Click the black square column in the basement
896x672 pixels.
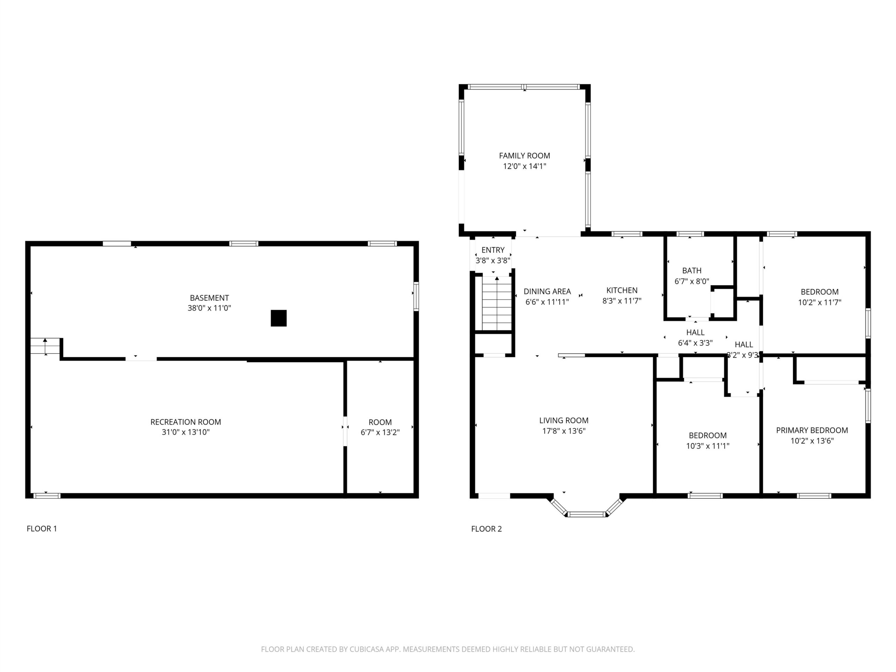279,318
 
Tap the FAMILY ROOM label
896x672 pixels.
525,155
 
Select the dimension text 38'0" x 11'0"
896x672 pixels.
209,308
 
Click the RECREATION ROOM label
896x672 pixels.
185,422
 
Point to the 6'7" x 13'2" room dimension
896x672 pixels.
380,432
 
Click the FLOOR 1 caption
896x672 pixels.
42,528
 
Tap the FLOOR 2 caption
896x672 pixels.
486,528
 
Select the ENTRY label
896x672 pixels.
493,250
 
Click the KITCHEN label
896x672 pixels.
622,290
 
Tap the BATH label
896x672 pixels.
692,271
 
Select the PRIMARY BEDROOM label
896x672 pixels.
812,430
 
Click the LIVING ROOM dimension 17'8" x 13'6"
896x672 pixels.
564,431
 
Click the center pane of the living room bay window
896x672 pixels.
586,514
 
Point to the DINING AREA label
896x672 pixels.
547,291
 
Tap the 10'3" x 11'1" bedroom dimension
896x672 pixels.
708,446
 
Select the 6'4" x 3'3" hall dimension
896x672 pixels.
695,343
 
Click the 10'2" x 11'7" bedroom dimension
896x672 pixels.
819,302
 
